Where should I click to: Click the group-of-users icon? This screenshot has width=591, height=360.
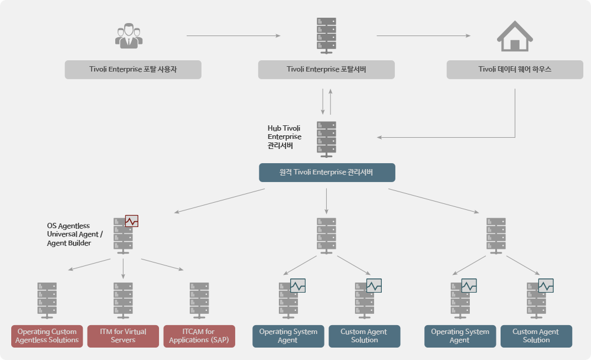[129, 36]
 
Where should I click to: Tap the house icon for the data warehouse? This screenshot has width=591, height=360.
[515, 36]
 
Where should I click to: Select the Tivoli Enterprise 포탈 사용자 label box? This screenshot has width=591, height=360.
[133, 69]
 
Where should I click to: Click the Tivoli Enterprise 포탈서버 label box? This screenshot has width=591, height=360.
[326, 69]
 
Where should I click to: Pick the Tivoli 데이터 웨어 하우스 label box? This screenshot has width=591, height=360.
[515, 69]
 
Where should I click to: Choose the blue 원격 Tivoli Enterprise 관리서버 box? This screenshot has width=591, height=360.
[327, 172]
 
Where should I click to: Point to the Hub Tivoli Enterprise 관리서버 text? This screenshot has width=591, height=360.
[285, 137]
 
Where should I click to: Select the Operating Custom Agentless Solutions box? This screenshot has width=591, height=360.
[47, 336]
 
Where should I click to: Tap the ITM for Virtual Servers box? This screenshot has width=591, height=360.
[124, 336]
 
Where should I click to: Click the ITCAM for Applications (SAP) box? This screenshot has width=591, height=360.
[199, 336]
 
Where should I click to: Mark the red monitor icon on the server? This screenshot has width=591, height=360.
[132, 221]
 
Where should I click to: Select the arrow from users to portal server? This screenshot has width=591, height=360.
[233, 36]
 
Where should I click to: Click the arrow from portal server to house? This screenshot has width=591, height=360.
[424, 36]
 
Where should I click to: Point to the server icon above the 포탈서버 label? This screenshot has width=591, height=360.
[326, 36]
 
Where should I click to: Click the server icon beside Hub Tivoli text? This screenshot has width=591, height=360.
[326, 140]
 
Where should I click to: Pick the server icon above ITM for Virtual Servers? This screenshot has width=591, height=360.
[124, 301]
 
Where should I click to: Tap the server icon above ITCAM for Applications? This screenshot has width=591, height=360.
[199, 301]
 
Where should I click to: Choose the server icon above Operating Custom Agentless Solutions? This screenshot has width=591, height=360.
[47, 301]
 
